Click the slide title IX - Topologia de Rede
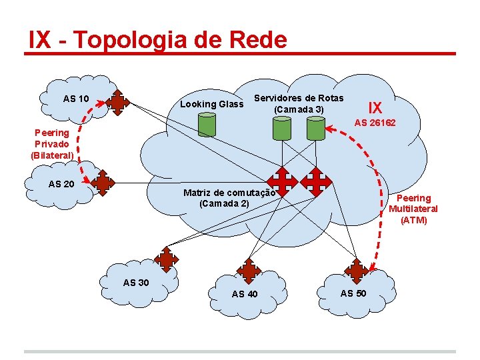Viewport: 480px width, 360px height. coord(157,39)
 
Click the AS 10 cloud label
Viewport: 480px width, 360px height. coord(76,99)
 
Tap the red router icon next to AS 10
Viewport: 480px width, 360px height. coord(118,101)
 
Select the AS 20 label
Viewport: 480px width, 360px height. coord(61,183)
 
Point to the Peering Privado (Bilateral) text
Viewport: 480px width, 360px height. coord(52,144)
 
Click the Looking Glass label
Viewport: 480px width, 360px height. coord(211,103)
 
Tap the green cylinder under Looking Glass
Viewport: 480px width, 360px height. coord(206,125)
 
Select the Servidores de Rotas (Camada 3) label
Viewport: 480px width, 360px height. coord(299,103)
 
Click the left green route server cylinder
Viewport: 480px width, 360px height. coord(282,127)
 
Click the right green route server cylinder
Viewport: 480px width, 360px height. coord(316,128)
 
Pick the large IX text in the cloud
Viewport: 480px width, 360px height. coord(375,107)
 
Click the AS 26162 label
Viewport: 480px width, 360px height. coord(375,123)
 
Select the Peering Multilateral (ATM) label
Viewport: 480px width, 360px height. coord(413,209)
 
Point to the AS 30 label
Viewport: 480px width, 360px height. coord(136,283)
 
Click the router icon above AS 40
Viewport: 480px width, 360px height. coord(249,270)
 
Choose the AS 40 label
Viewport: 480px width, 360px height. coord(245,294)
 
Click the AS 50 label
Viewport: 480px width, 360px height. coord(353,293)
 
